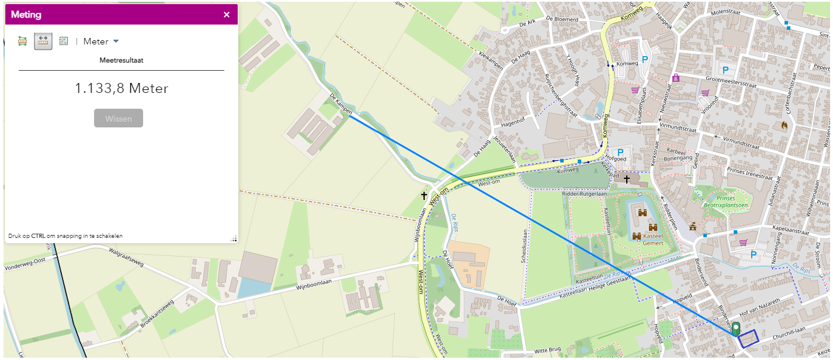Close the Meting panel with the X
point(227,15)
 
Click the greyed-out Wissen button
point(119,118)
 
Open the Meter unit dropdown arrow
point(116,41)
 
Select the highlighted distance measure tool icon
point(43,41)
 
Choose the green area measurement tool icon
point(23,41)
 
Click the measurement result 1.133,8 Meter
point(122,88)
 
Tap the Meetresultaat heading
point(122,60)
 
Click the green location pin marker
point(736,328)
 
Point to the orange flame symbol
point(784,125)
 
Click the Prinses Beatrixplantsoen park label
point(726,202)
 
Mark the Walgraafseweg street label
point(126,257)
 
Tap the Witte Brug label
point(547,349)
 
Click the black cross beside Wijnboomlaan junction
point(424,196)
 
